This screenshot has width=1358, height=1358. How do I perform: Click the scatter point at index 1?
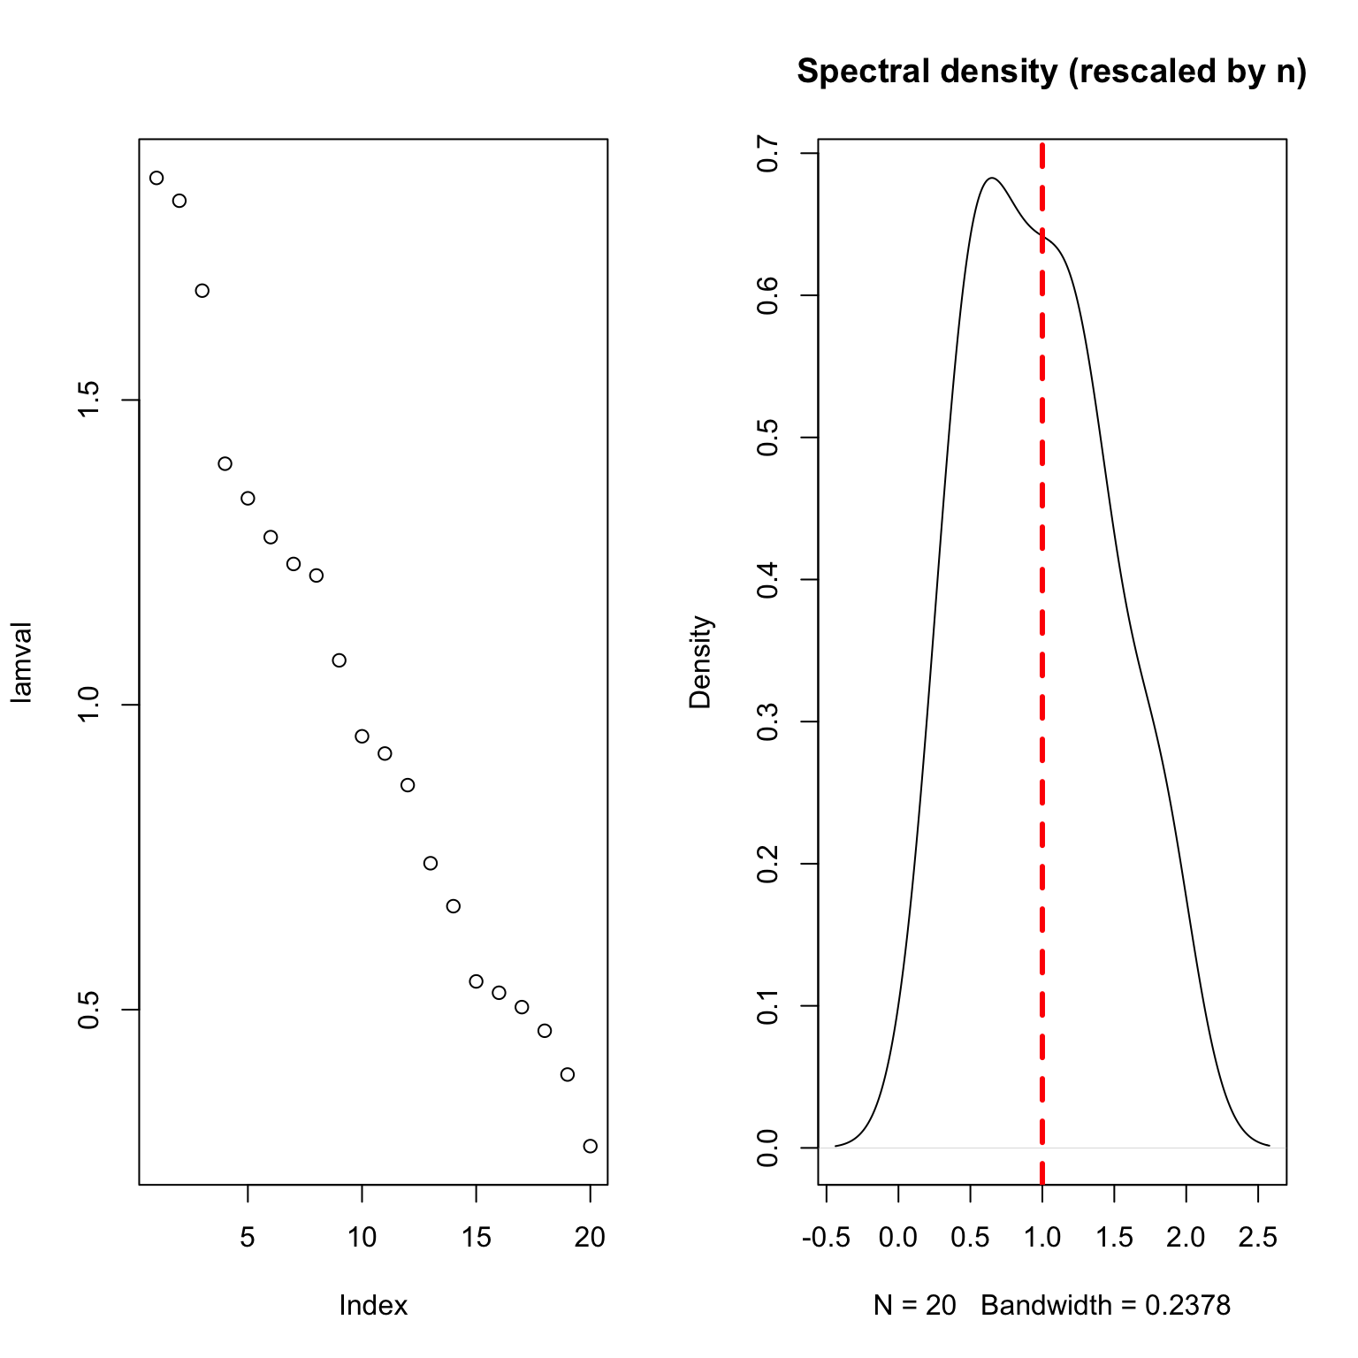(156, 178)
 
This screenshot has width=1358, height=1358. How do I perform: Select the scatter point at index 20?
(591, 1146)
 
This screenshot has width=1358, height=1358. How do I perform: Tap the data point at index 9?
(339, 660)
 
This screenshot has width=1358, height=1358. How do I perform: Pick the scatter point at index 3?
(202, 291)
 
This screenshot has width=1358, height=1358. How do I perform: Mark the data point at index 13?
(431, 863)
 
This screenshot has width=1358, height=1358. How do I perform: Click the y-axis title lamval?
(22, 662)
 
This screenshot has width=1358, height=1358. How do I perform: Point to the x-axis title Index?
(373, 1305)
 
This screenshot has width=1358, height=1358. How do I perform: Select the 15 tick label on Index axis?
(476, 1238)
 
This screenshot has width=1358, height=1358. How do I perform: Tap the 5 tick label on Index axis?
(248, 1238)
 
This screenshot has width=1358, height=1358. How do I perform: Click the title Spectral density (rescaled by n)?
(1051, 72)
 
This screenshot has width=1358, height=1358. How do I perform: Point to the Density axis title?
(701, 662)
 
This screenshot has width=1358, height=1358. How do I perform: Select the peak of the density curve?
(992, 178)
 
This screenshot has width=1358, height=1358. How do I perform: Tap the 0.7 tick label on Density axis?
(767, 154)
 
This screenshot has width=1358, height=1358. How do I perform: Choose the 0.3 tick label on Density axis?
(767, 721)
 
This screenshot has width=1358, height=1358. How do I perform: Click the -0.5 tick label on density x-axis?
(826, 1238)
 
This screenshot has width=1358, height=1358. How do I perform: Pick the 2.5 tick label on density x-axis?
(1258, 1238)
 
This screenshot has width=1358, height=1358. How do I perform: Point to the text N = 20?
(914, 1305)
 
